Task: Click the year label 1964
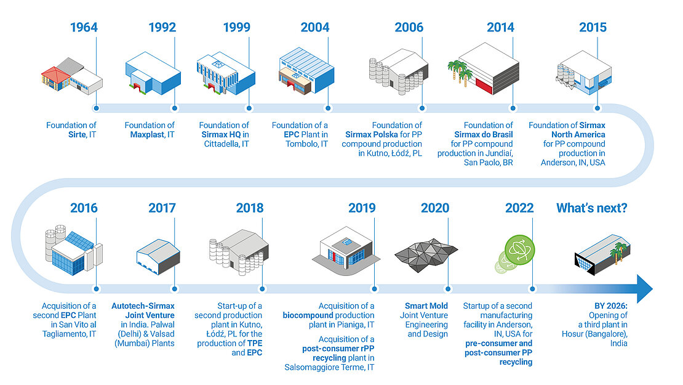point(84,28)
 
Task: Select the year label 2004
point(315,28)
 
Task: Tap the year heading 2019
point(362,208)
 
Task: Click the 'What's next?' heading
point(591,208)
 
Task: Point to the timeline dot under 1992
point(175,108)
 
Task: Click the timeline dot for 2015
point(597,108)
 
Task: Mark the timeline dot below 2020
point(448,289)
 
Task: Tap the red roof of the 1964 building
point(56,72)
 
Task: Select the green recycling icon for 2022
point(519,250)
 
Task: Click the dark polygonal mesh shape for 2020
point(426,254)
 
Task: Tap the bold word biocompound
point(311,315)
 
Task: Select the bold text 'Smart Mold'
point(426,306)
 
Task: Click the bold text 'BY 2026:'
point(610,306)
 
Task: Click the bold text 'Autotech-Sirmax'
point(143,306)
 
